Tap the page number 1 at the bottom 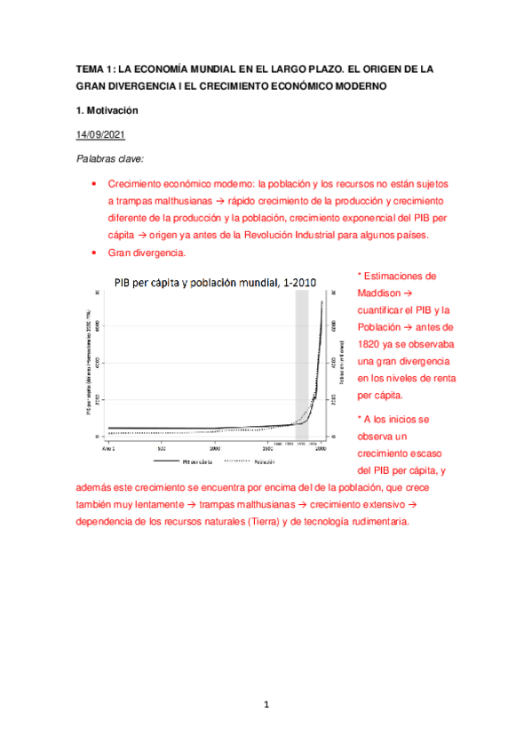pos(266,705)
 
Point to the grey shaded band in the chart pos(301,365)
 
